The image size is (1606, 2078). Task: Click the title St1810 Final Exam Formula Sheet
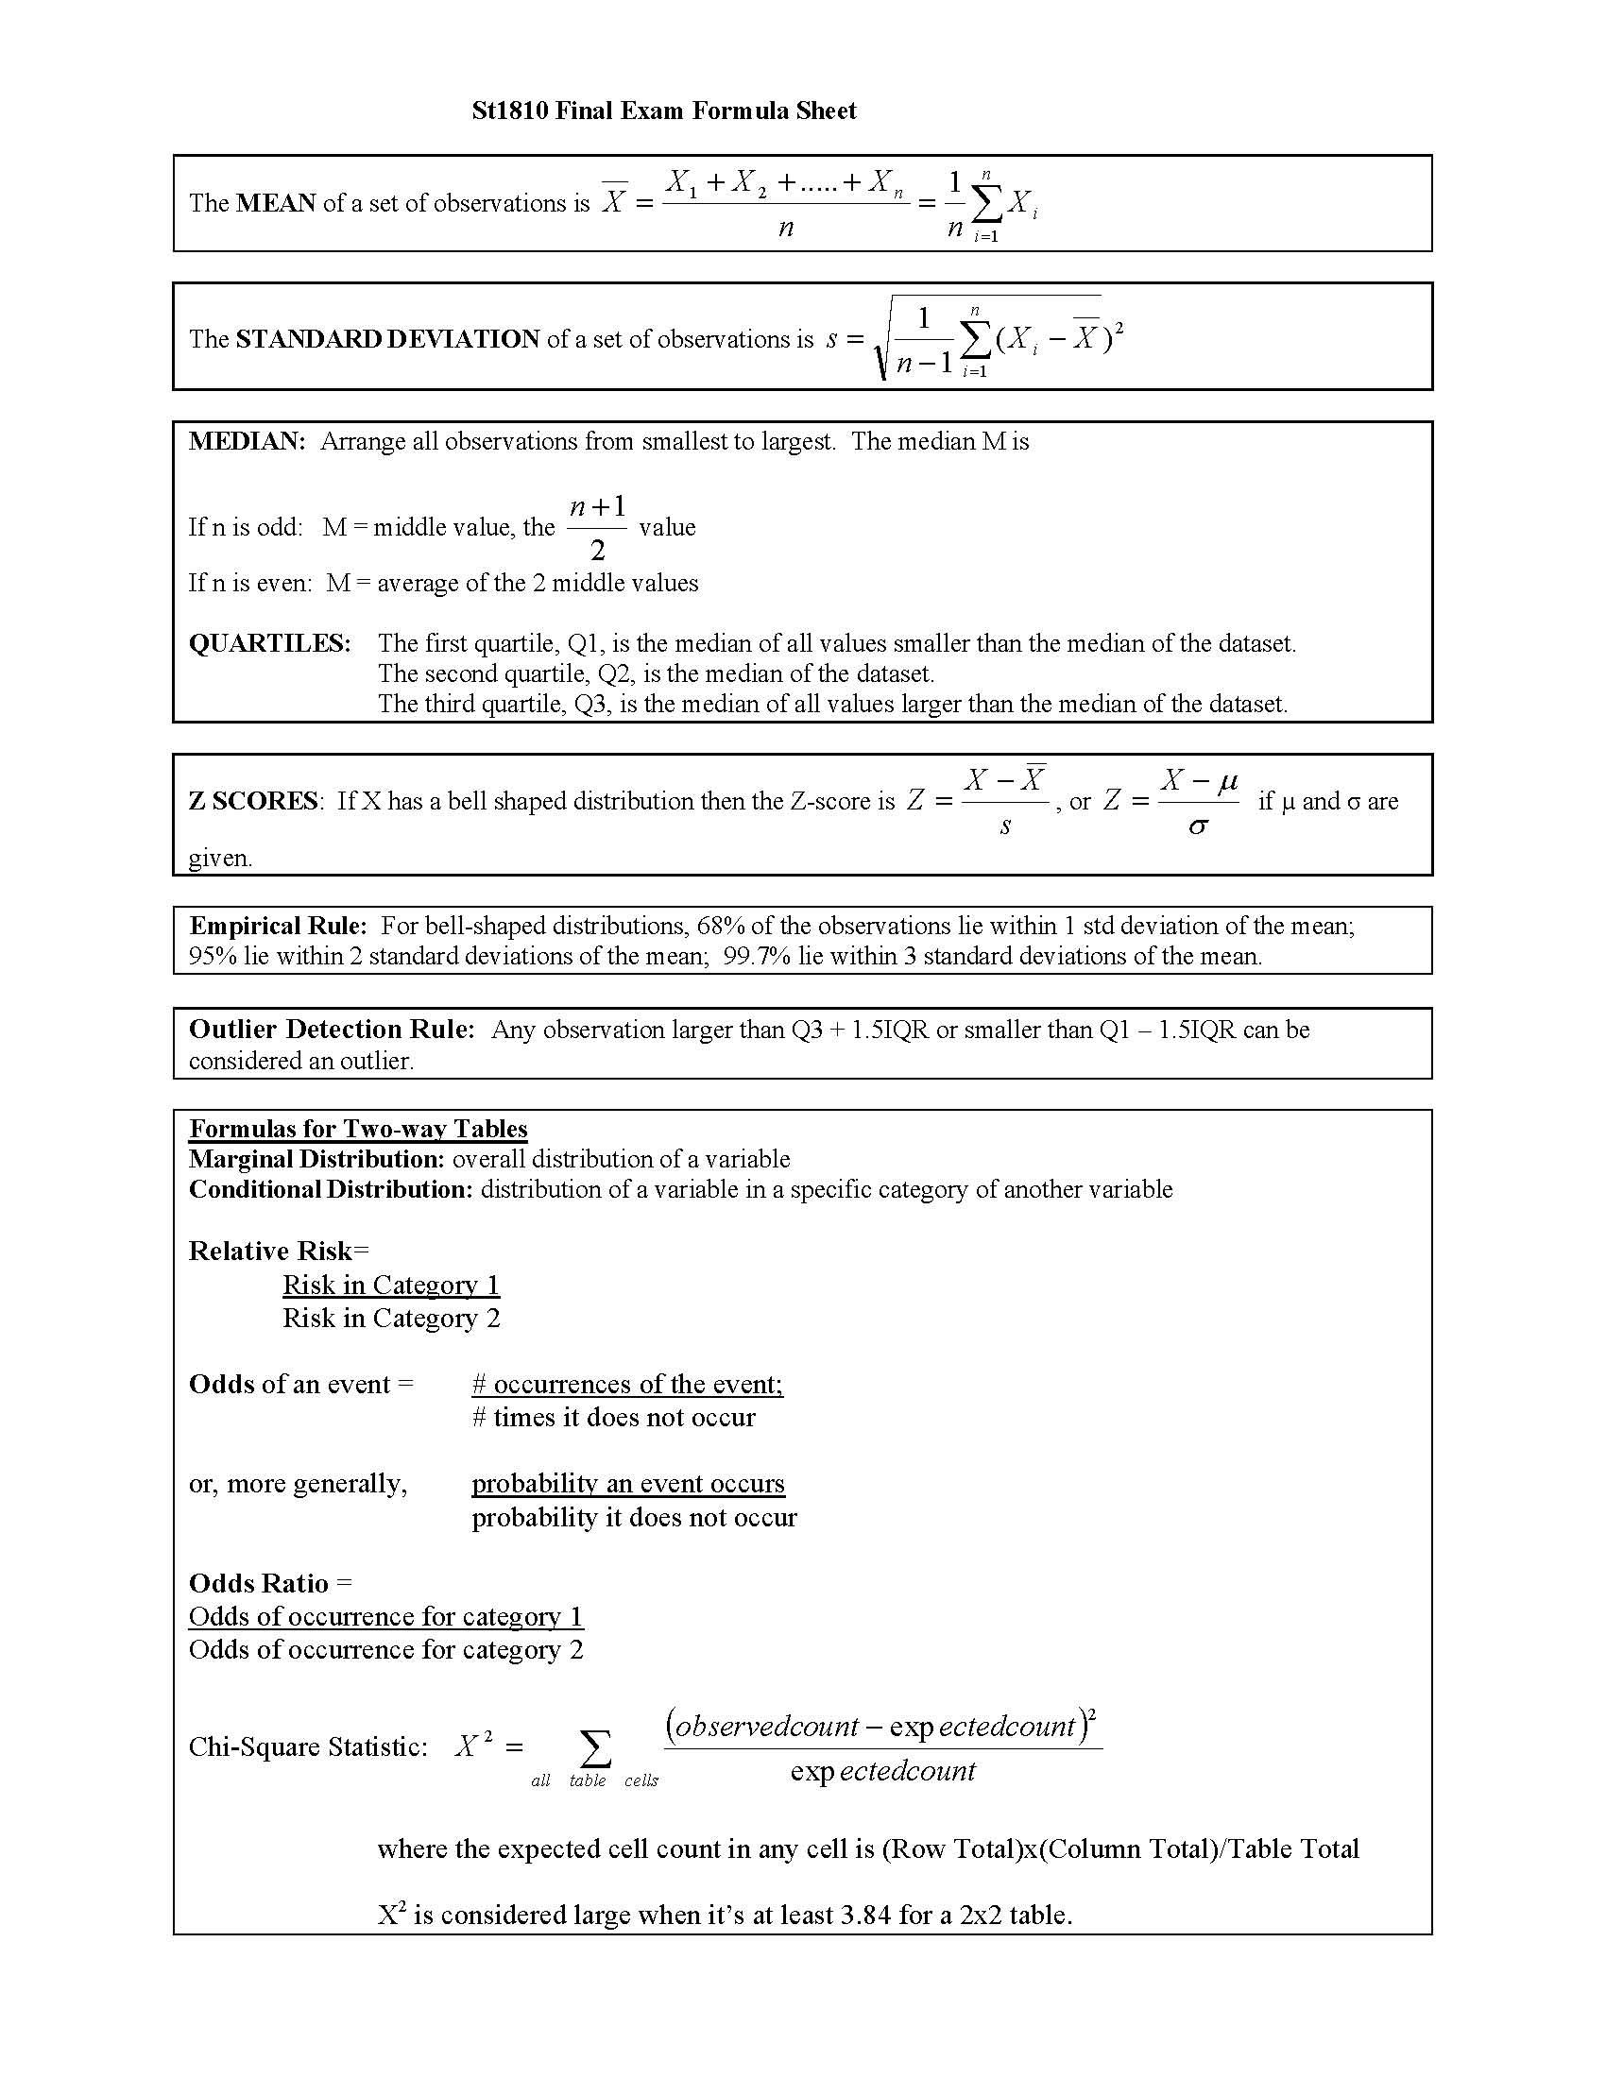664,111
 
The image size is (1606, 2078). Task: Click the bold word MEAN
276,204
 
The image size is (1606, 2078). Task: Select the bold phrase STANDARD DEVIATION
387,340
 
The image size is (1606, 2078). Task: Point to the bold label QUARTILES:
270,643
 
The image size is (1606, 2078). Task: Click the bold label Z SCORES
253,801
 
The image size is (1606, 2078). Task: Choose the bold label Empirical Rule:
278,926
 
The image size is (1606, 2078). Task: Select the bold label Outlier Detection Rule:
331,1030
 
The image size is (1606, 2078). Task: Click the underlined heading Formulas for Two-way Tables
358,1129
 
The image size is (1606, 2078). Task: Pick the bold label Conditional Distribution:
330,1189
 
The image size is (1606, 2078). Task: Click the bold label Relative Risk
270,1252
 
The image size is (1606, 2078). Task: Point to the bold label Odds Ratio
259,1583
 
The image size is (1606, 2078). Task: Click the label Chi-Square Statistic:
308,1746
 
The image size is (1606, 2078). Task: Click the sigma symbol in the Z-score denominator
1198,826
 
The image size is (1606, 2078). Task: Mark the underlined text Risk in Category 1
391,1286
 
